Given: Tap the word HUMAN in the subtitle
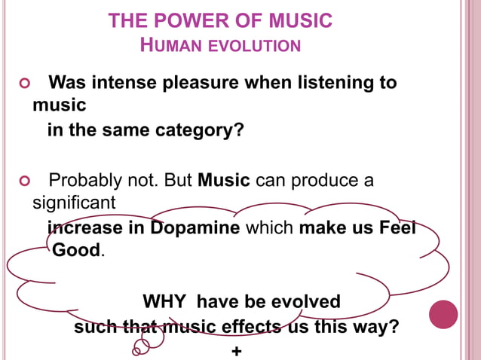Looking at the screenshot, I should (x=162, y=46).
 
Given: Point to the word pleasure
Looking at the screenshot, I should (x=201, y=82).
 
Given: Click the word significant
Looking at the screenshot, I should (x=74, y=203).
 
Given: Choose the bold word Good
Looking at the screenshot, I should (x=75, y=250).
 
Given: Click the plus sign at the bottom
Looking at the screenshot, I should (x=237, y=351).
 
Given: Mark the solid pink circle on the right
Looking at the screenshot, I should (x=443, y=314).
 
